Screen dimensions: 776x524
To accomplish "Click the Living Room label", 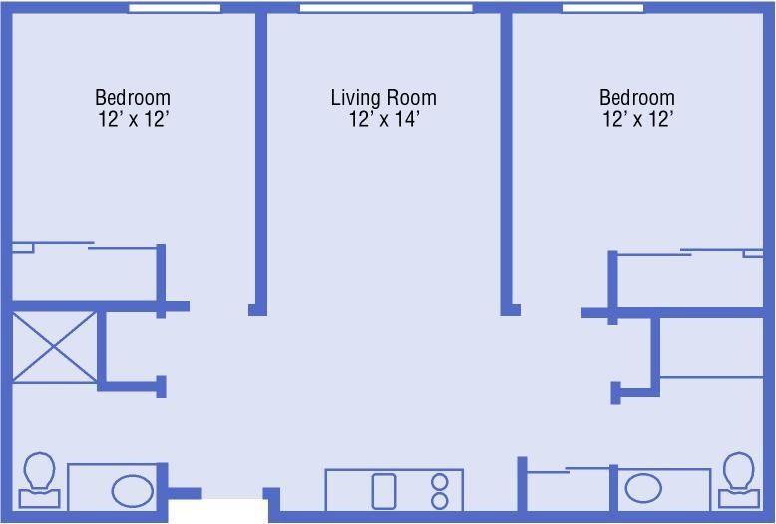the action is tap(384, 98).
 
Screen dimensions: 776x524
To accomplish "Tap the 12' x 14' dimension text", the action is tap(385, 120).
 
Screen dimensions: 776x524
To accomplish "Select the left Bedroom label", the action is tap(133, 97).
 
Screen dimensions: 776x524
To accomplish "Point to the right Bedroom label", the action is tap(637, 97).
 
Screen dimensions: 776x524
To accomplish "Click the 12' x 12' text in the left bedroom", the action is tap(134, 120).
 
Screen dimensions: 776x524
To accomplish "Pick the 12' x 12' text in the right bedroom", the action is tap(638, 120).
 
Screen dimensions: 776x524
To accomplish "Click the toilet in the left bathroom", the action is tap(39, 480).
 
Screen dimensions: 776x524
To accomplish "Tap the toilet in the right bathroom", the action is tap(739, 480).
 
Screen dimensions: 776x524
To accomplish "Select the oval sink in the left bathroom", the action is tap(132, 491).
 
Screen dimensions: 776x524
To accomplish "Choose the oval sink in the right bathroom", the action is tap(643, 488).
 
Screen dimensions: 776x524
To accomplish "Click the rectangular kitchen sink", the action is tap(384, 491).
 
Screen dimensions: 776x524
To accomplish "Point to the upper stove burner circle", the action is tap(440, 481).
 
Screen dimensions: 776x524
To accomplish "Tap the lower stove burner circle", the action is tap(440, 501).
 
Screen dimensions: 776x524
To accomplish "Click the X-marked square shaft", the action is tap(54, 347).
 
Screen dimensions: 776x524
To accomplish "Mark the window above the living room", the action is tap(386, 8).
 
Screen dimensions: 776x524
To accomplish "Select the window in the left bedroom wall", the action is tap(175, 8).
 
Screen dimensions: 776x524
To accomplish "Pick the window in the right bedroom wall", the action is tap(602, 8).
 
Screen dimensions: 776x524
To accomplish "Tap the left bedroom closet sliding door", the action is tap(84, 246).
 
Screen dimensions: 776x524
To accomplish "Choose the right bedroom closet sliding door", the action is tap(690, 253).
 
